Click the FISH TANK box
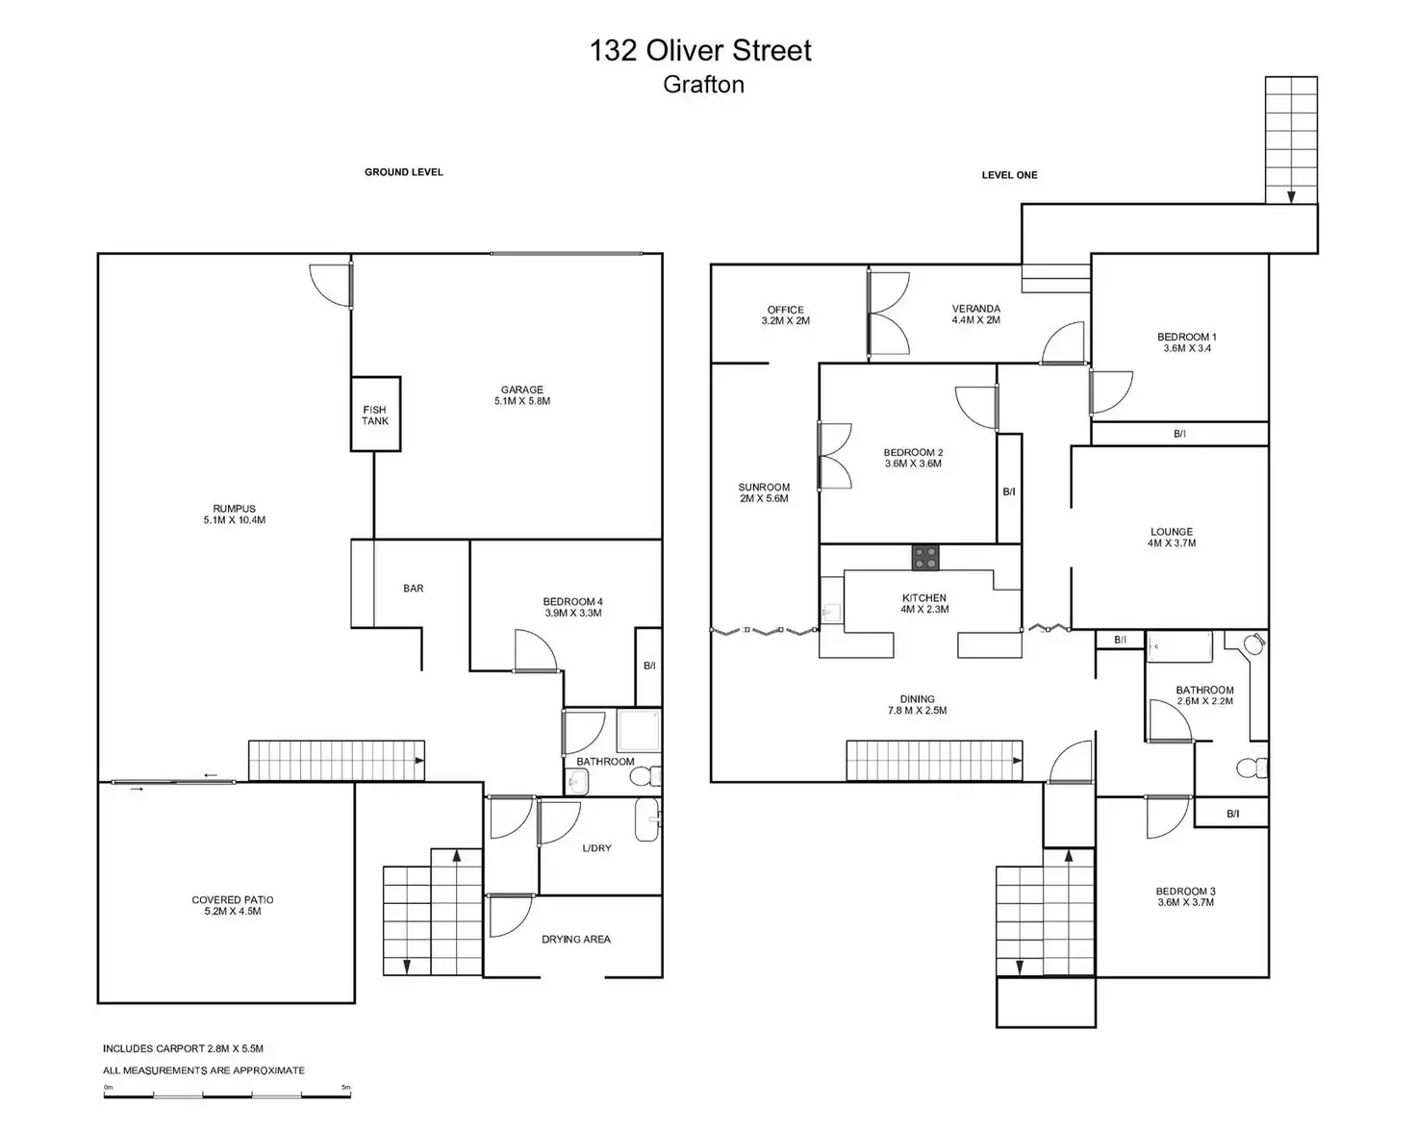click(375, 415)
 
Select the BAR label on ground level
click(413, 589)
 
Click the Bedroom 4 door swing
click(534, 651)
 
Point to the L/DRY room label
click(596, 848)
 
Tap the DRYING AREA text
click(575, 940)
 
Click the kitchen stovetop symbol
click(924, 557)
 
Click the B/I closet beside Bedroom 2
click(1009, 491)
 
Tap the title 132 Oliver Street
click(700, 51)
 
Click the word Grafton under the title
click(703, 85)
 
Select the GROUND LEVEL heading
click(403, 172)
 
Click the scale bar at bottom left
click(227, 1094)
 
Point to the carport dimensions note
click(183, 1048)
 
